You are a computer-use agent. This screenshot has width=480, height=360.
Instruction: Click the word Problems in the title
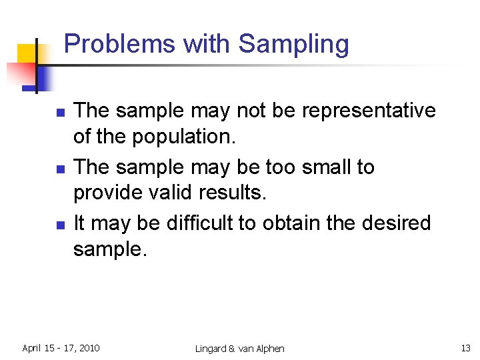[x=120, y=44]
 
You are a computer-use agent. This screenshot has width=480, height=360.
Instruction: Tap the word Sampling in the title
[x=293, y=45]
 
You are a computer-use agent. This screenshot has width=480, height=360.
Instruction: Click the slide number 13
[x=465, y=348]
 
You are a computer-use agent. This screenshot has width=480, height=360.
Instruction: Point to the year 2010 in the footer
[x=89, y=348]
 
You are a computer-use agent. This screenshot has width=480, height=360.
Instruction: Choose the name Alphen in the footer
[x=269, y=349]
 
